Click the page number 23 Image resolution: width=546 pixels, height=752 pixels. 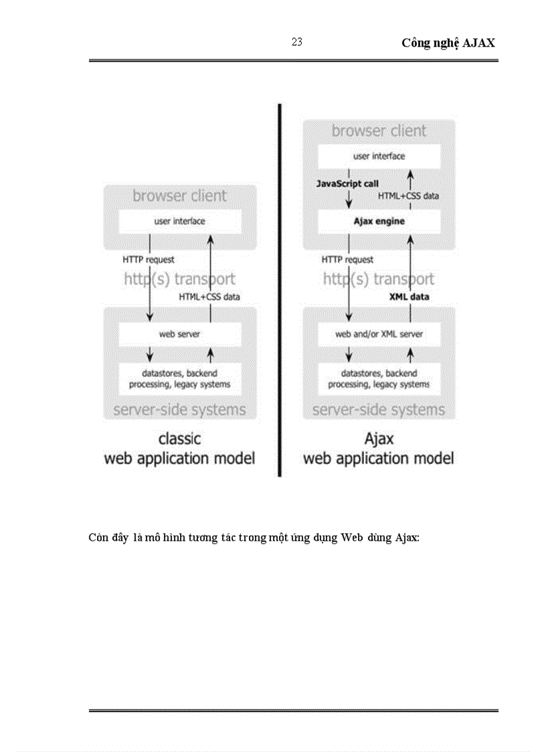[x=297, y=42]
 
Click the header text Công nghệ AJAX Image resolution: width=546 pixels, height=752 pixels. [x=448, y=43]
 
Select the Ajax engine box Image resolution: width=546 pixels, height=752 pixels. [x=379, y=221]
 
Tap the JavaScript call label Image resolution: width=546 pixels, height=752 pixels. [x=348, y=183]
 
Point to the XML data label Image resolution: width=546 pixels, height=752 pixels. [x=409, y=296]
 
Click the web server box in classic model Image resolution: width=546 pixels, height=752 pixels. [x=179, y=333]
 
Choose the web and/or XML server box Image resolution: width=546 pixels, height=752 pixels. [x=379, y=333]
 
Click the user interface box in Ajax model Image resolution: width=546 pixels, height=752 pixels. [x=379, y=156]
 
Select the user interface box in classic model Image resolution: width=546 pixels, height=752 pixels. [x=179, y=221]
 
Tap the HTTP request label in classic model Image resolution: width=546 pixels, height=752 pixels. [x=149, y=259]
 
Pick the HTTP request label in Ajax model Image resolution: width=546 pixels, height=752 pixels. [x=347, y=259]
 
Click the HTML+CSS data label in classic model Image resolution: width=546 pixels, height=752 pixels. [x=209, y=296]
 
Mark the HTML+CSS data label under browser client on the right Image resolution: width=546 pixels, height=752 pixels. [x=408, y=196]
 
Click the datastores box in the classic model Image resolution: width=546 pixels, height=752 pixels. [x=179, y=378]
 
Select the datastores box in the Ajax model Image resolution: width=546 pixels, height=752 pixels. [x=379, y=378]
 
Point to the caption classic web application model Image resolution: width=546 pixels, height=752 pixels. [x=179, y=449]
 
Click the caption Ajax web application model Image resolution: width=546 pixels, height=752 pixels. [x=379, y=449]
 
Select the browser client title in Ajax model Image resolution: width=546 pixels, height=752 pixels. [x=379, y=131]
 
